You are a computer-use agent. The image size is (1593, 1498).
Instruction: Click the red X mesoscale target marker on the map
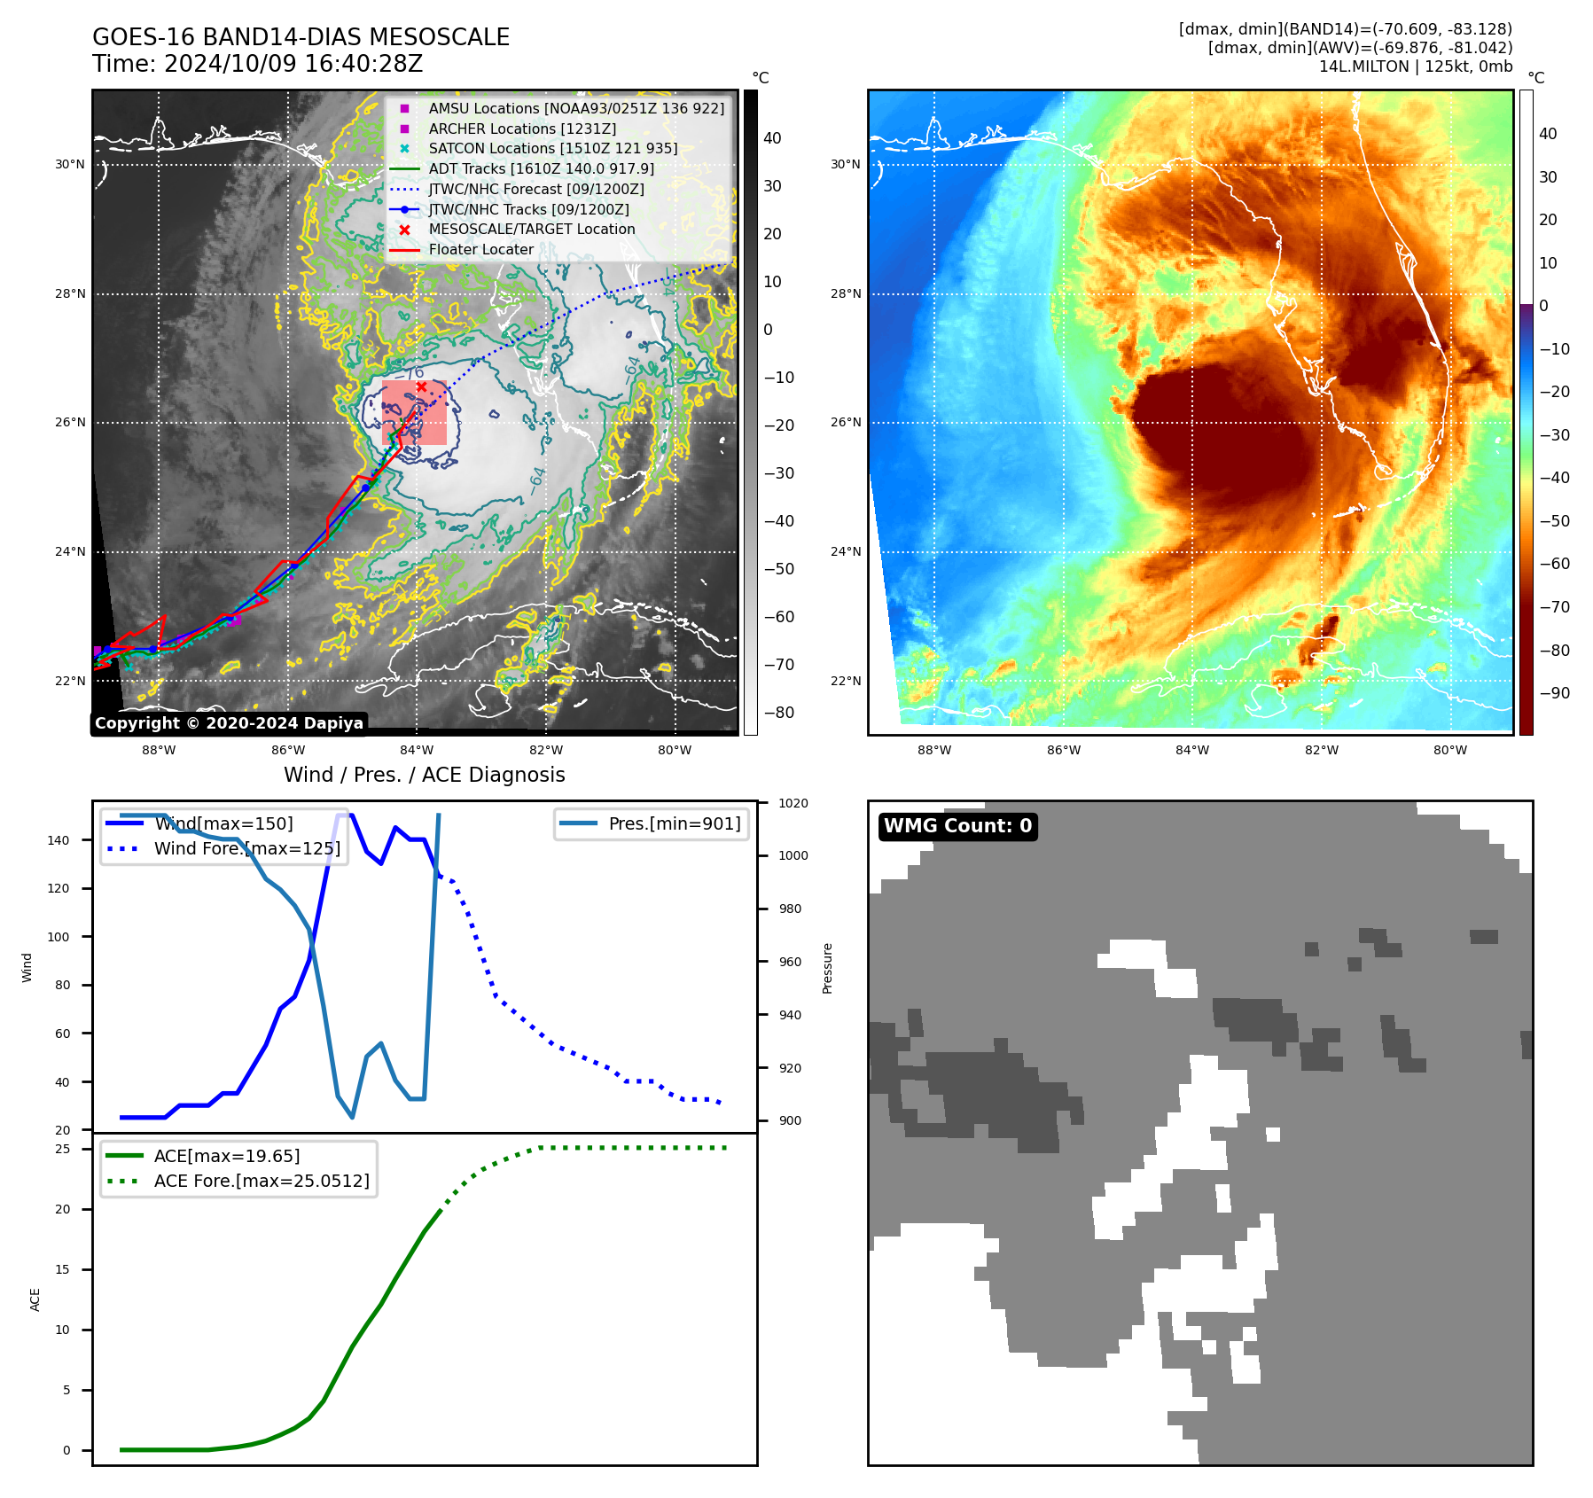[421, 386]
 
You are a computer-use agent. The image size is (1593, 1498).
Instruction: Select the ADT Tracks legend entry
[541, 168]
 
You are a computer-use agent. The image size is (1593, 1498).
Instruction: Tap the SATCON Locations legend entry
[552, 148]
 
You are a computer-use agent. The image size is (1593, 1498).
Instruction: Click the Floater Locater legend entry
[480, 249]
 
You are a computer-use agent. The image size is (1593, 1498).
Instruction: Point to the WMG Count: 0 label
[957, 826]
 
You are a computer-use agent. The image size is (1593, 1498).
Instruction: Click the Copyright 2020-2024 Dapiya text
[229, 723]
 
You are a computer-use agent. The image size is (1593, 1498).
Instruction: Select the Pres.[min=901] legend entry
[674, 823]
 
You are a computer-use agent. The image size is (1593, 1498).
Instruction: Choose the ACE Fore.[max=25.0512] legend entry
[262, 1181]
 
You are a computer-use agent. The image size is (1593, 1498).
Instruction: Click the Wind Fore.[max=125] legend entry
[246, 848]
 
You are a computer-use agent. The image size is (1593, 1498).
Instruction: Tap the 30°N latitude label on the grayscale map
[70, 164]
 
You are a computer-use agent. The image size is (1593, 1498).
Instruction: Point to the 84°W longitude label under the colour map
[1192, 750]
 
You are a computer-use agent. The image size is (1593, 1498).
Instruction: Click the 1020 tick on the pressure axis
[793, 803]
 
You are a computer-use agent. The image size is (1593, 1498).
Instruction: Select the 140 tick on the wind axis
[58, 840]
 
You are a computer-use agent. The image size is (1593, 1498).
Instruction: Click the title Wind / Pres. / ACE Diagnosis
[424, 775]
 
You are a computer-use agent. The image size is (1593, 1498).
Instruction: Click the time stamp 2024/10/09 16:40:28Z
[293, 64]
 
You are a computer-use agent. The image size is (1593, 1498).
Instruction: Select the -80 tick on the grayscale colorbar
[779, 713]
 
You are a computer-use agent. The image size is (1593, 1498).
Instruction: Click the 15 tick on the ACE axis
[62, 1269]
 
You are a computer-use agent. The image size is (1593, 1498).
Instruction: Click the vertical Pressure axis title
[827, 968]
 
